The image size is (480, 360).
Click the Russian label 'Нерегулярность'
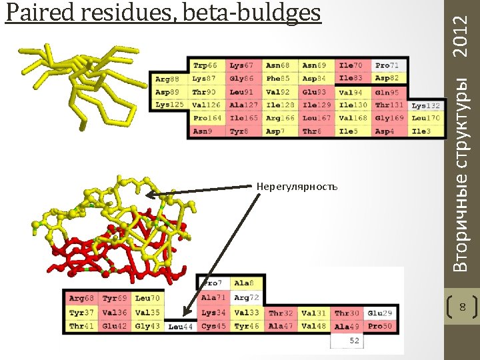(297, 185)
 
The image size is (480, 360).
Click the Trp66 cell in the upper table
(206, 66)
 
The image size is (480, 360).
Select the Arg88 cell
(169, 79)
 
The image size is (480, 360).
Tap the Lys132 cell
(425, 105)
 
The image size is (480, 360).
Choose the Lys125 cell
(169, 105)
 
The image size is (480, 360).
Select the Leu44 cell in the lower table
(181, 327)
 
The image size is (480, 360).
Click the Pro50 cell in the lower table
(380, 326)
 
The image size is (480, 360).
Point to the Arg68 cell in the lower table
(81, 298)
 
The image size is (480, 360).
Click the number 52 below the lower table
(354, 341)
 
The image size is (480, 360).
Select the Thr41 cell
(81, 326)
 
